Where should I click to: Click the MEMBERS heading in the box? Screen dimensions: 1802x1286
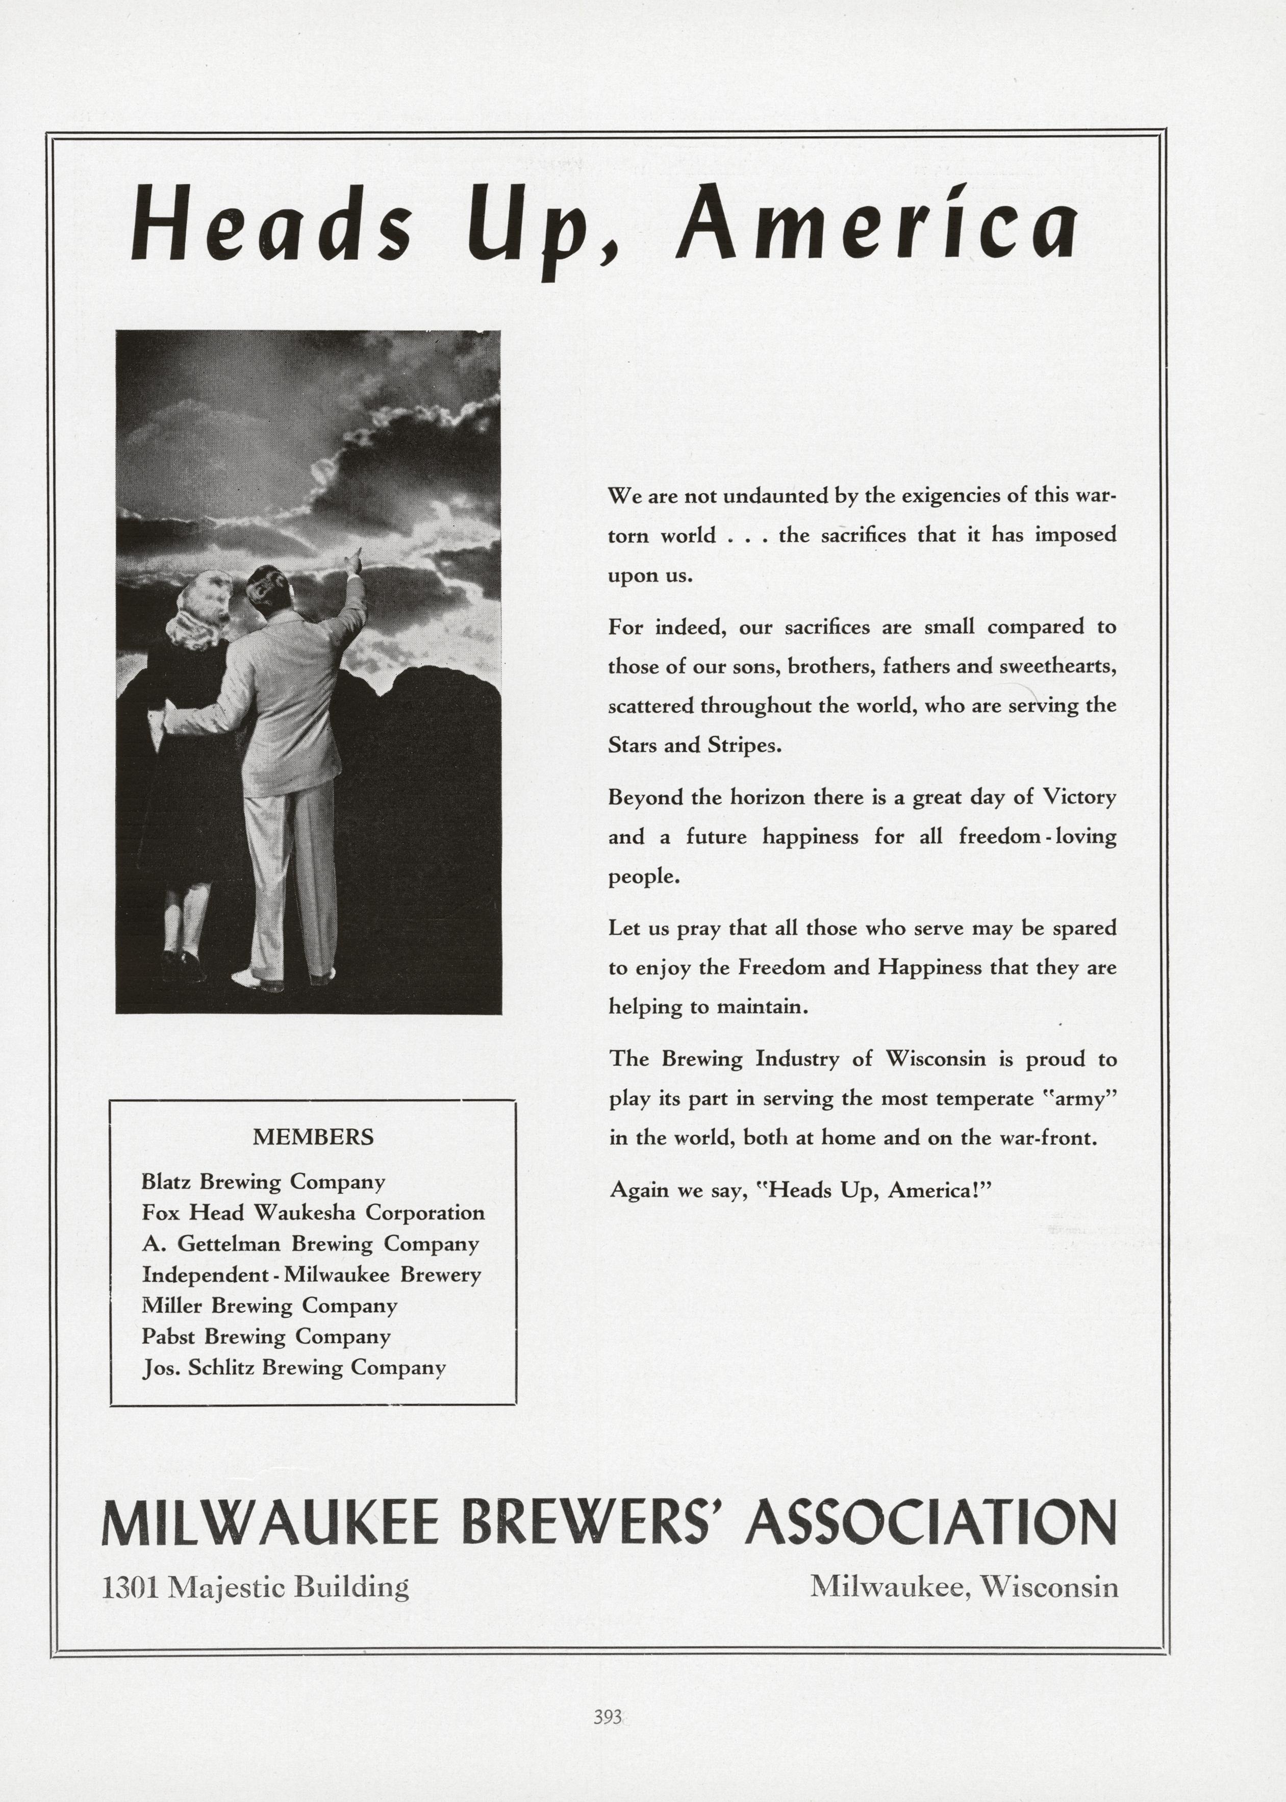tap(313, 1137)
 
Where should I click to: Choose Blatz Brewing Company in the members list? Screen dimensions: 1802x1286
tap(263, 1182)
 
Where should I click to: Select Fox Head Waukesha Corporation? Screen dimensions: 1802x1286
tap(313, 1213)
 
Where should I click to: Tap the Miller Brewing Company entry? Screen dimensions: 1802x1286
tap(269, 1306)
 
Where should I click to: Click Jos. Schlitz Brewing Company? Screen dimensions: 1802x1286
tap(294, 1368)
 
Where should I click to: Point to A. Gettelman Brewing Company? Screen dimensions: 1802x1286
tap(311, 1243)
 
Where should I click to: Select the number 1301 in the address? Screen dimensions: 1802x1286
tap(132, 1587)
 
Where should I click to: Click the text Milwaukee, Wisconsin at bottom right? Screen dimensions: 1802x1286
tap(964, 1587)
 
